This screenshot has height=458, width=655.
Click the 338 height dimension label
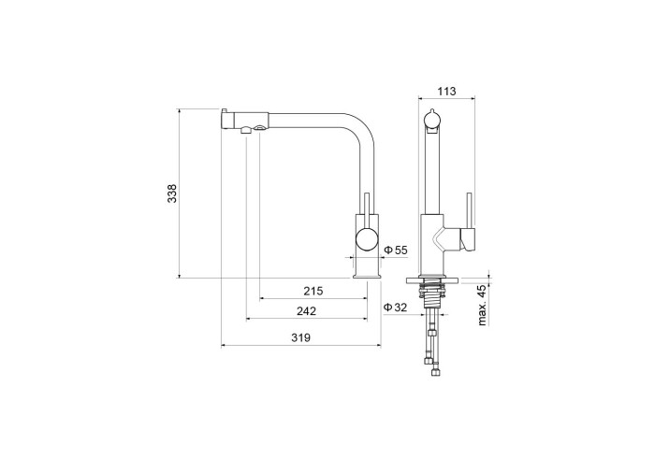(172, 193)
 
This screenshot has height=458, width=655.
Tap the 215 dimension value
(313, 291)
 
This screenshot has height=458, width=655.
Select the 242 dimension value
(306, 310)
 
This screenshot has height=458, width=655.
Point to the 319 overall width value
(300, 337)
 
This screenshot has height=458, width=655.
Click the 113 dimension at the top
(447, 91)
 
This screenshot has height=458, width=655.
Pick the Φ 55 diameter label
(395, 250)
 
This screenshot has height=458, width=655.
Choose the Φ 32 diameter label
(395, 308)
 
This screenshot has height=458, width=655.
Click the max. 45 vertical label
(483, 306)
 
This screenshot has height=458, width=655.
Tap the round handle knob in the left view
(367, 239)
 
